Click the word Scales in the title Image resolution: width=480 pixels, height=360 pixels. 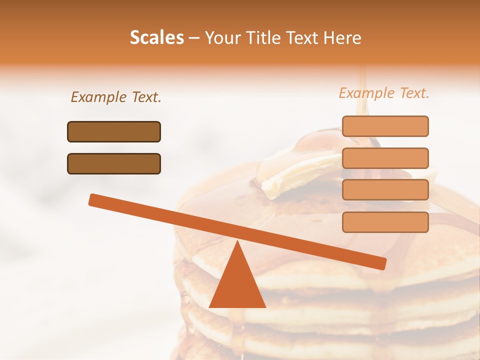156,38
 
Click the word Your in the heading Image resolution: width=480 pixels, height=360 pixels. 223,38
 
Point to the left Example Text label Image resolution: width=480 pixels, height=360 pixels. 116,97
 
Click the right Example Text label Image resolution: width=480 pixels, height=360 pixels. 384,93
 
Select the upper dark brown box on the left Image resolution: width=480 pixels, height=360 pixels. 114,131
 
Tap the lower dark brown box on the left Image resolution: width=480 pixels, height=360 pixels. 114,163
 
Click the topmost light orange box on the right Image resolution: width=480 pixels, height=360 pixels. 385,126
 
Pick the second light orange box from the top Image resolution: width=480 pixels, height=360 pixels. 385,158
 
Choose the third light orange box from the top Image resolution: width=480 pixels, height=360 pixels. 385,190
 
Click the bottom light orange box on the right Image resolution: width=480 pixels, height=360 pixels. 385,222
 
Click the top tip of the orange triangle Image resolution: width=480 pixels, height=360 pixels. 237,242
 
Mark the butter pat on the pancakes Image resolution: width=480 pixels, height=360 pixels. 295,172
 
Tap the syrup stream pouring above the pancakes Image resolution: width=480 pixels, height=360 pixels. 361,95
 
